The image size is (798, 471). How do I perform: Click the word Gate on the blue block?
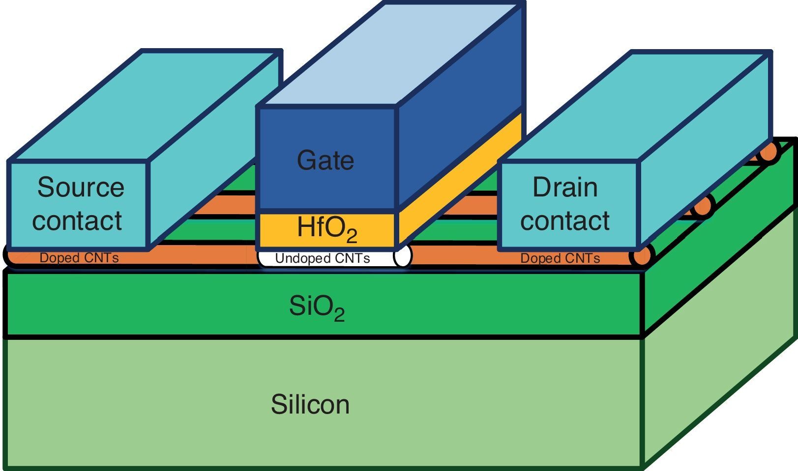coord(325,161)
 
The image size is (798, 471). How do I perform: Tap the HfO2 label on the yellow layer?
coord(327,229)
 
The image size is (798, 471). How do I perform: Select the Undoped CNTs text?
coord(323,258)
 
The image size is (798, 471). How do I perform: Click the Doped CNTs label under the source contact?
coord(79,258)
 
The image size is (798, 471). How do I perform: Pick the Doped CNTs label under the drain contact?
coord(560,258)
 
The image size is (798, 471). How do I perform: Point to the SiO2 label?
coord(317,307)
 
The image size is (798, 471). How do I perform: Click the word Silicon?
coord(310,404)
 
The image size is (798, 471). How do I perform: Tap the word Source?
coord(81,187)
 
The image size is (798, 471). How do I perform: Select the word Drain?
coord(565,187)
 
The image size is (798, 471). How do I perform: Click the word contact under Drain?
coord(565,220)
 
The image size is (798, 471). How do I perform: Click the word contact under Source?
coord(77,220)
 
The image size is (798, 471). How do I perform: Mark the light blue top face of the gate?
coord(388,54)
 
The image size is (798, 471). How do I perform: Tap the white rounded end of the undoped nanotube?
coord(402,256)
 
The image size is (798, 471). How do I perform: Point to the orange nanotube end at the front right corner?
coord(642,256)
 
